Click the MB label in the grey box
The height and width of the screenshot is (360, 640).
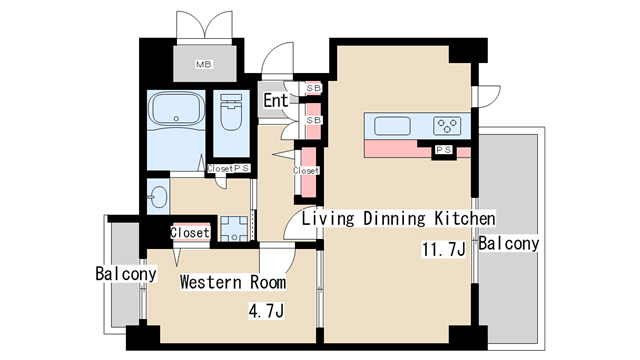tap(204, 65)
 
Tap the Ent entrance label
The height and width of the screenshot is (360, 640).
tap(276, 100)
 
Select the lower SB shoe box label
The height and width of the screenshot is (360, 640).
tap(313, 120)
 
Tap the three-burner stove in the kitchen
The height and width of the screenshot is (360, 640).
tap(446, 126)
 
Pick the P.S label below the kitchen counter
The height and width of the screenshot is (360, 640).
tap(443, 150)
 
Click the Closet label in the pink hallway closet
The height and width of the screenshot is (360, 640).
tap(306, 171)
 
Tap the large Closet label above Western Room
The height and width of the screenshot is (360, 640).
tap(190, 233)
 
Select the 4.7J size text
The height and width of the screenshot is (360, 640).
tap(267, 311)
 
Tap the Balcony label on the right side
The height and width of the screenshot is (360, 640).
tap(508, 243)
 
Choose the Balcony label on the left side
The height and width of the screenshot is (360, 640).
tap(126, 273)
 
